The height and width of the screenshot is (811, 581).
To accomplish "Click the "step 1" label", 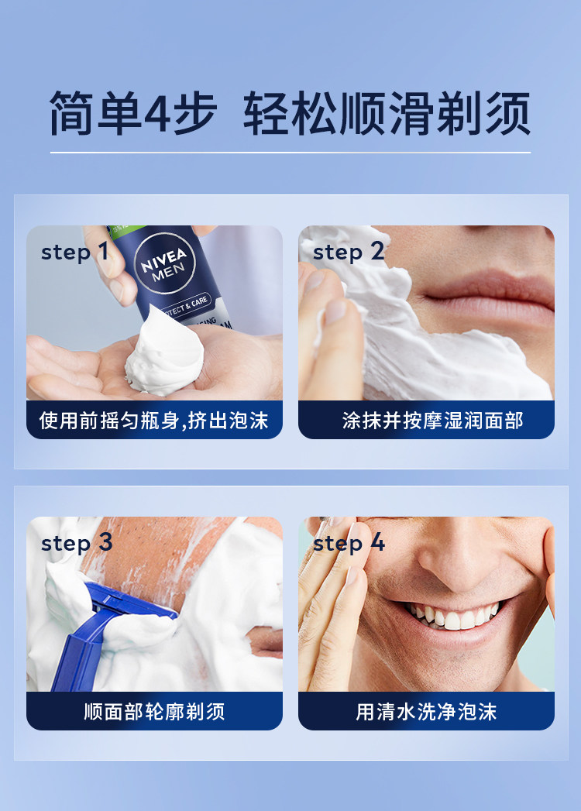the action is click(75, 252).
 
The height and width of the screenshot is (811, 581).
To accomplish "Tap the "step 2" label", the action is click(349, 252).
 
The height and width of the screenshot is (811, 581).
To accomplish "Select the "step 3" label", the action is click(77, 542).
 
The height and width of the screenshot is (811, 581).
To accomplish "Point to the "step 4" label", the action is click(349, 542).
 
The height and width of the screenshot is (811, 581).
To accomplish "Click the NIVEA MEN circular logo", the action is click(164, 263).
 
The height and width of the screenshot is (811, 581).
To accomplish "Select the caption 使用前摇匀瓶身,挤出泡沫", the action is click(153, 421).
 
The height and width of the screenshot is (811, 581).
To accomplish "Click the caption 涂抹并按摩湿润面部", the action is click(432, 421).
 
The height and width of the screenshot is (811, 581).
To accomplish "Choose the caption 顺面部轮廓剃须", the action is click(154, 712).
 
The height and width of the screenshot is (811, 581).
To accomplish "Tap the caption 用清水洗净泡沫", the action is click(426, 712).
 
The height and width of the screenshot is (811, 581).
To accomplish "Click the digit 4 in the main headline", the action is click(156, 113).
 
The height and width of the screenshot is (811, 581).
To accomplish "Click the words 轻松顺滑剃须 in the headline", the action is click(387, 113).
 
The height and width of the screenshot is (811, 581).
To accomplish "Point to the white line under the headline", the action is click(290, 153).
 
